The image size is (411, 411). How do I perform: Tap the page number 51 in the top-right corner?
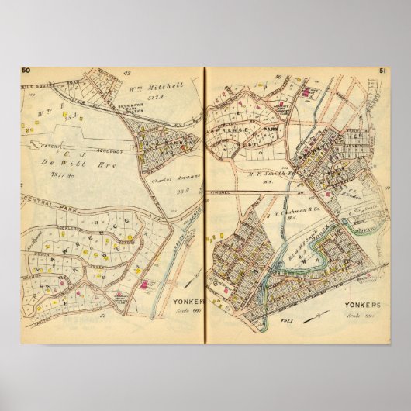pos(383,71)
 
